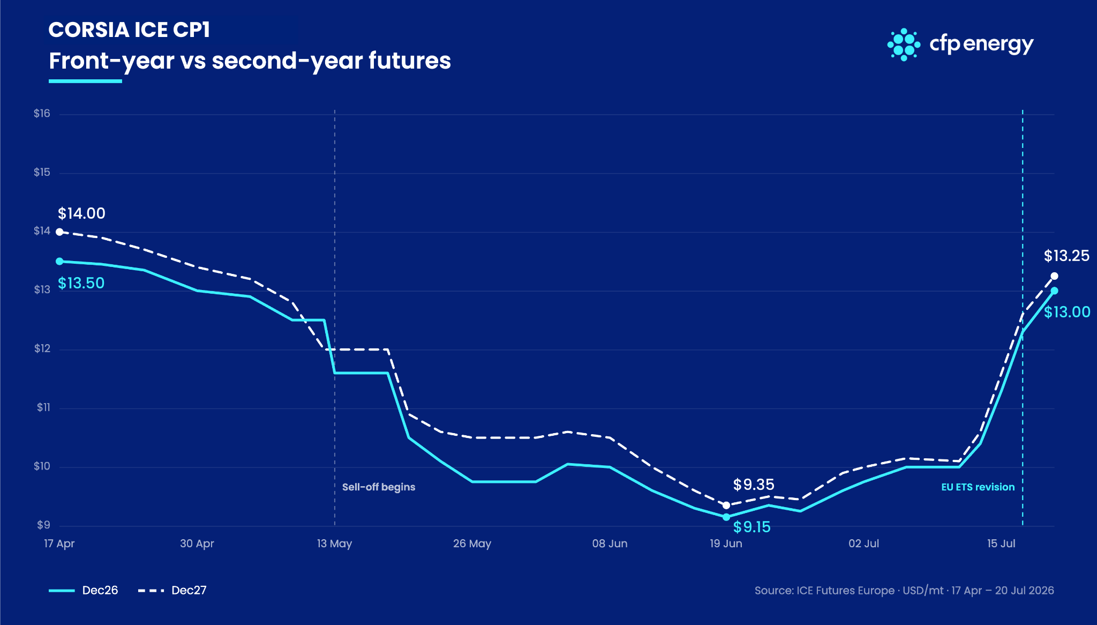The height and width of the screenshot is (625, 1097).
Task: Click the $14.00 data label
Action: pyautogui.click(x=81, y=213)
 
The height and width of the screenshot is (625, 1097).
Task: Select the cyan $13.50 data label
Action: pyautogui.click(x=81, y=283)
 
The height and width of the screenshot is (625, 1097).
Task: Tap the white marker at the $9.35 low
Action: pyautogui.click(x=726, y=505)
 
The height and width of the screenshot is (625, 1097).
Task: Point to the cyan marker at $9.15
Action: pyautogui.click(x=726, y=517)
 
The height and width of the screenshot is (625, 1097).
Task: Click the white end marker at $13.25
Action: pyautogui.click(x=1054, y=276)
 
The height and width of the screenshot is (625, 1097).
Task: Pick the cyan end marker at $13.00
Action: pyautogui.click(x=1054, y=291)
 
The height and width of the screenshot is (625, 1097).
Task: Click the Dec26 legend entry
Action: pyautogui.click(x=84, y=590)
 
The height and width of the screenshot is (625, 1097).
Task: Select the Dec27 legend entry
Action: pyautogui.click(x=172, y=590)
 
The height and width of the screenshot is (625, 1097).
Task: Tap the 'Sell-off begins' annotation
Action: pyautogui.click(x=379, y=487)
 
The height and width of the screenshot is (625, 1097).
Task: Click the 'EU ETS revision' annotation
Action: pyautogui.click(x=978, y=487)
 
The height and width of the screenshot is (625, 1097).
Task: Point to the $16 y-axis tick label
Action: pyautogui.click(x=42, y=113)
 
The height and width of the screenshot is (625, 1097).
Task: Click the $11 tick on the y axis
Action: pyautogui.click(x=43, y=407)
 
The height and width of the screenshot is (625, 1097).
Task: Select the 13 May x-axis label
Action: pyautogui.click(x=334, y=544)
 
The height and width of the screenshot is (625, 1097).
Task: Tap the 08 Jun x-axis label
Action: pyautogui.click(x=610, y=544)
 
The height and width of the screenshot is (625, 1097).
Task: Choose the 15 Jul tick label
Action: pyautogui.click(x=1001, y=544)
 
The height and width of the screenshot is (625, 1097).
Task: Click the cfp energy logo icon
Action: pyautogui.click(x=904, y=44)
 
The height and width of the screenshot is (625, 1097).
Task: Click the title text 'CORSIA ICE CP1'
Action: pyautogui.click(x=129, y=30)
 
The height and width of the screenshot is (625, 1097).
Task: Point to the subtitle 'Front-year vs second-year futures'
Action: pyautogui.click(x=250, y=61)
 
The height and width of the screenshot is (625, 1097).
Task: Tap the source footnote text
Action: pyautogui.click(x=904, y=590)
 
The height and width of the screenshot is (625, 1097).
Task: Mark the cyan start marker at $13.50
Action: pyautogui.click(x=59, y=261)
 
